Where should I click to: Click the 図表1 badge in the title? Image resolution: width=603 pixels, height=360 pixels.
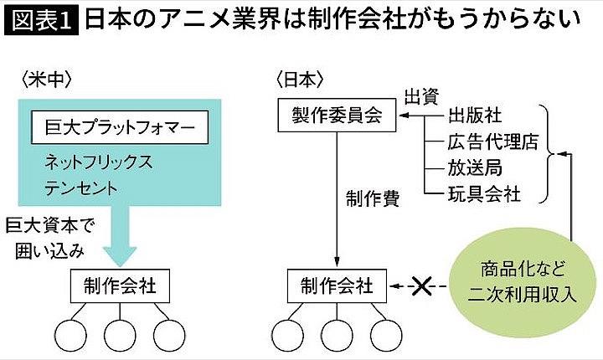click(41, 20)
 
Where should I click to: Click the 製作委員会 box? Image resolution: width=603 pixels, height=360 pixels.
click(336, 116)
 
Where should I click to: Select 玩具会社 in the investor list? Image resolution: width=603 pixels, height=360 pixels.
click(484, 194)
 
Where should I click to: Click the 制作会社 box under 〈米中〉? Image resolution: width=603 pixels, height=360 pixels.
click(121, 287)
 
